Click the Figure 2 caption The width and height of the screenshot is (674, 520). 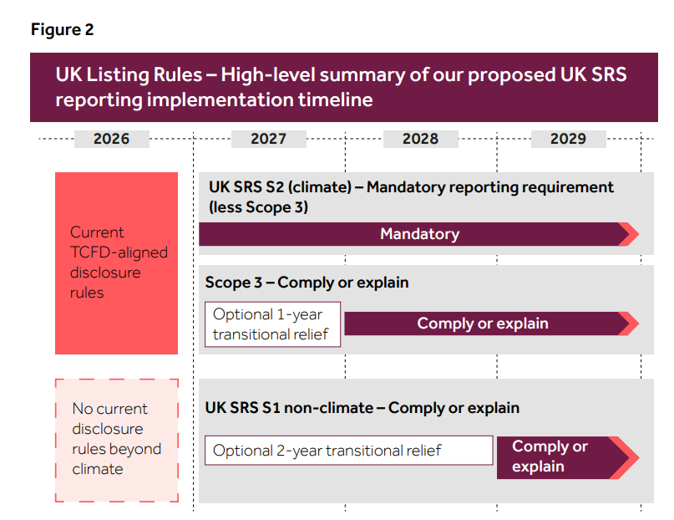[63, 29]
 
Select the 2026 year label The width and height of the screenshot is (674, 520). [112, 139]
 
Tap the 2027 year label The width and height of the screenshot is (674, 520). [269, 139]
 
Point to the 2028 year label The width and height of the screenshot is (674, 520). [420, 139]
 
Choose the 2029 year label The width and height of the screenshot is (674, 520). [568, 139]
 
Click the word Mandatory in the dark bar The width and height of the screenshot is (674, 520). [420, 234]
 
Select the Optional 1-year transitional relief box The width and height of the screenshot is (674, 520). [272, 324]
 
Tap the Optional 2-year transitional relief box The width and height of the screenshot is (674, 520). [348, 451]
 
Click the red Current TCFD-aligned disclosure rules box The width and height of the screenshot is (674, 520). [116, 263]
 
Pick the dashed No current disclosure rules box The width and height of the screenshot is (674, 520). [116, 441]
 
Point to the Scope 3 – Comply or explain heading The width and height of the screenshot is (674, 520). [307, 283]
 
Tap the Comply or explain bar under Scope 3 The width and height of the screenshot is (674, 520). [492, 324]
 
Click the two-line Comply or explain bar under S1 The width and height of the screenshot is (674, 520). [568, 457]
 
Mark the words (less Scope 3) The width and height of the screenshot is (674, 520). [258, 207]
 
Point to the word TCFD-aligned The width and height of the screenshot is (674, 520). [119, 252]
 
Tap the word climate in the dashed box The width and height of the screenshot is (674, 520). [98, 469]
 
